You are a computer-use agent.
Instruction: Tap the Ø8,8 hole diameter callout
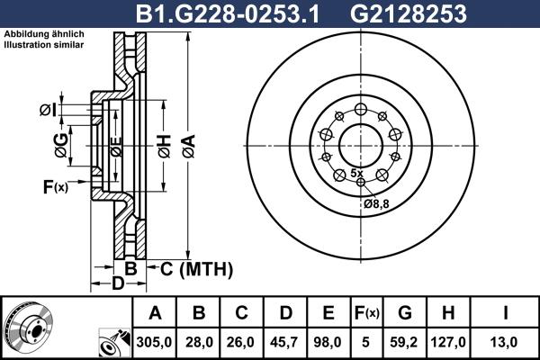[x=376, y=203]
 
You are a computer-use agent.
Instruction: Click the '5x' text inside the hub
[x=356, y=172]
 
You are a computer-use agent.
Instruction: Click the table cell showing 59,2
[x=405, y=342]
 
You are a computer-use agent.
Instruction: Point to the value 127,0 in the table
[x=451, y=342]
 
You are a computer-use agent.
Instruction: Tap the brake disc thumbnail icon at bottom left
[x=28, y=328]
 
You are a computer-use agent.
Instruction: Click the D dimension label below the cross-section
[x=116, y=285]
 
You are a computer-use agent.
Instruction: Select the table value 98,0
[x=328, y=342]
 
